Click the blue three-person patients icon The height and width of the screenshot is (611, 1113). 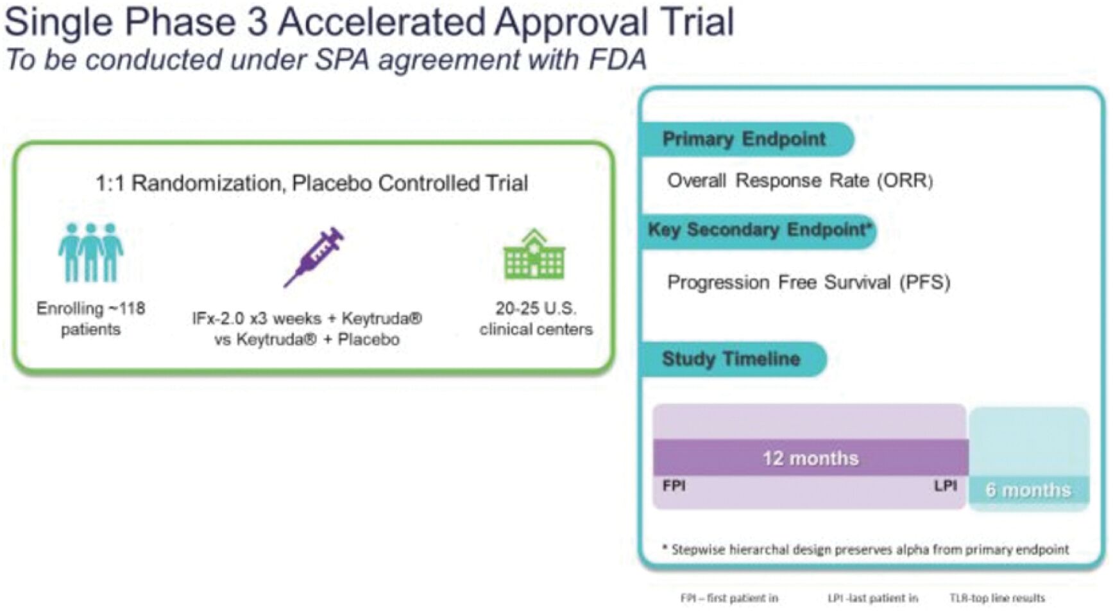(90, 252)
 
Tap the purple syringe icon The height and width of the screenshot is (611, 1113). (314, 257)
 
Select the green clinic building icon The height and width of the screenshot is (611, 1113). (534, 254)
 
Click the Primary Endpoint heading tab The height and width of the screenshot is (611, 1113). (747, 139)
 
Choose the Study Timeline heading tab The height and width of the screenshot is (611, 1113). (734, 359)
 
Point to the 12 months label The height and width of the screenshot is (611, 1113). (810, 458)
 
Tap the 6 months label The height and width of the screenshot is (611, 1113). (1028, 490)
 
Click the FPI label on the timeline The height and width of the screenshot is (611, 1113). (674, 486)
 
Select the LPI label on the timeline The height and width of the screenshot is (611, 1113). (946, 486)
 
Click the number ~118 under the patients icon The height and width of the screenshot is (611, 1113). (127, 309)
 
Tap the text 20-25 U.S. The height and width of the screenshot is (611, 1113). (536, 309)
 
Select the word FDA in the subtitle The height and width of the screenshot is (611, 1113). (616, 60)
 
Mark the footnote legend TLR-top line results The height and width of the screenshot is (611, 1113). (998, 598)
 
